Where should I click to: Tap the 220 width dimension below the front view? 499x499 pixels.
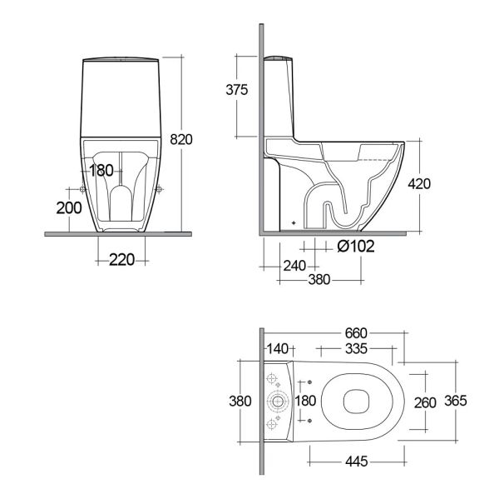122,260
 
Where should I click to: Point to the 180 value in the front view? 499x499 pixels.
101,171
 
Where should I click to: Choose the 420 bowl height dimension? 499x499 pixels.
421,184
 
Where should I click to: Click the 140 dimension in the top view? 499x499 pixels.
279,348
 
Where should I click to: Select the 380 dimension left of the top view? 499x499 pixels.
240,401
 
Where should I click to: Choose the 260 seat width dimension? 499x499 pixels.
424,402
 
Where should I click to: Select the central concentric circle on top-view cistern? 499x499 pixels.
278,402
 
